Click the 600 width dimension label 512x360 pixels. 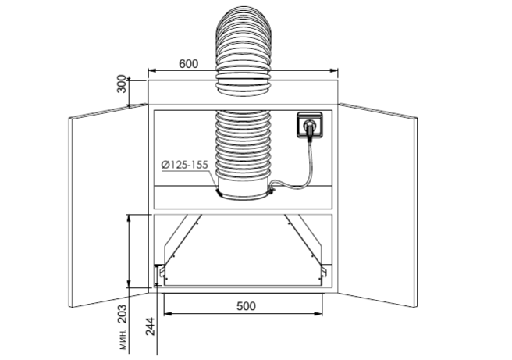click(x=188, y=64)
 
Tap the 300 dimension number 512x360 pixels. click(x=122, y=84)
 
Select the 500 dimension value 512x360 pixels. click(x=246, y=306)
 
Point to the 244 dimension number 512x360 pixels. click(x=150, y=326)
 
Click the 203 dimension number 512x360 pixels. click(x=122, y=314)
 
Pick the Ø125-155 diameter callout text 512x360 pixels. click(x=184, y=165)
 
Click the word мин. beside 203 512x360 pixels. click(x=123, y=340)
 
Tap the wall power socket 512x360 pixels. click(x=309, y=124)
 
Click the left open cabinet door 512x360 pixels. click(x=108, y=206)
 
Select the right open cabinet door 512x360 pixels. click(x=378, y=206)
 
